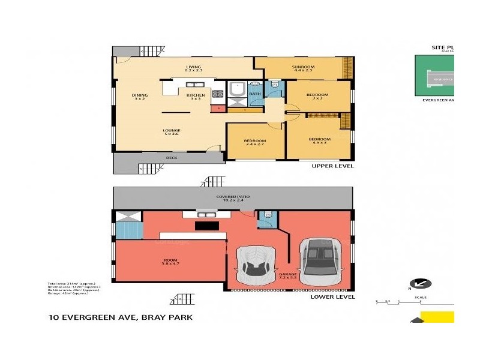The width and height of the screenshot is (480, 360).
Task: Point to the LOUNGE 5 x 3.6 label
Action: coord(172,132)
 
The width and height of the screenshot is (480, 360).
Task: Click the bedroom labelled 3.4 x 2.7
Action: coord(254,142)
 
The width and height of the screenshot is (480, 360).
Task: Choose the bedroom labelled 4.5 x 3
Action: coord(319,141)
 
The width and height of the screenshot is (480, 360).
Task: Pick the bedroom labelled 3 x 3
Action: coord(317,96)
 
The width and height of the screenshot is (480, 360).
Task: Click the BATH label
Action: coord(254,94)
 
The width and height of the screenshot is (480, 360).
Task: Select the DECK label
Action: coord(171,158)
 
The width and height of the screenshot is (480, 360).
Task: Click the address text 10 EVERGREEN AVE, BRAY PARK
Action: coord(120,317)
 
